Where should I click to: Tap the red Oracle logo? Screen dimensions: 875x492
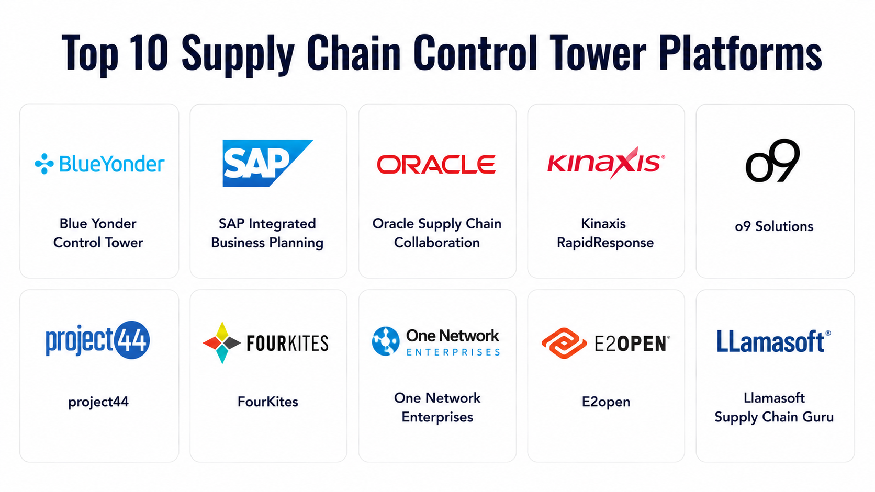(436, 164)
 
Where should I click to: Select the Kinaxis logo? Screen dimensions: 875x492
(606, 163)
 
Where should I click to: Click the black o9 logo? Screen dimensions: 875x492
(772, 161)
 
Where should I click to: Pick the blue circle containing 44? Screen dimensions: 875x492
(131, 340)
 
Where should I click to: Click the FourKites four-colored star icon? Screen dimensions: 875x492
(222, 343)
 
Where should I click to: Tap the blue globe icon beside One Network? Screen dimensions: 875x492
(386, 341)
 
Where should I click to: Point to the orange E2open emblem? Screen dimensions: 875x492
(564, 344)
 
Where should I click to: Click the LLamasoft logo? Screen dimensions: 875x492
(774, 341)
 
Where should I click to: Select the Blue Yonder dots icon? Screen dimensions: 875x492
(44, 164)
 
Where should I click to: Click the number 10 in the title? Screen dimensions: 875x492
(149, 53)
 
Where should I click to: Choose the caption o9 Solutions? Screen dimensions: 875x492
(774, 226)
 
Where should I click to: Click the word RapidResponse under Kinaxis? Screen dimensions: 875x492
(605, 243)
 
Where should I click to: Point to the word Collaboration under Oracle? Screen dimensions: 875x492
(437, 243)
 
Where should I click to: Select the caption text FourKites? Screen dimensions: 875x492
(267, 402)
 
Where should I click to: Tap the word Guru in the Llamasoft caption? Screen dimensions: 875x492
(818, 417)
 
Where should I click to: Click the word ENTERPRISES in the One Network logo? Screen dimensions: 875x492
(453, 352)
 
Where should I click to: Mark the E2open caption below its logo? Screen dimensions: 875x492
(606, 402)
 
